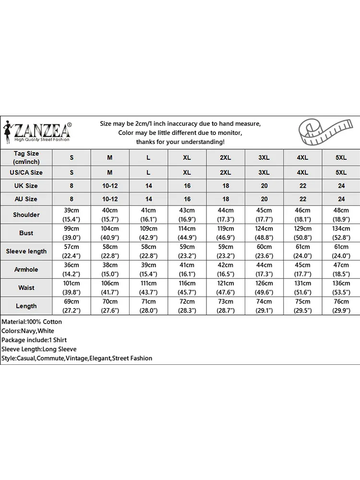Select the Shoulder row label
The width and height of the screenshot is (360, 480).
click(26, 215)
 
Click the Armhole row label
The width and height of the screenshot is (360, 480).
click(26, 269)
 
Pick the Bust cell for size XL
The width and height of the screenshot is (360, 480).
click(187, 233)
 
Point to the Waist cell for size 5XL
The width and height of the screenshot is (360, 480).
click(341, 288)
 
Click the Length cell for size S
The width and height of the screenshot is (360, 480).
click(72, 306)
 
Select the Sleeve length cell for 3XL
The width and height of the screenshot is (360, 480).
click(264, 251)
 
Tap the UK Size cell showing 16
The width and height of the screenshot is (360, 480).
click(187, 186)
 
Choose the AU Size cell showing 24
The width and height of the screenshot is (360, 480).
click(341, 199)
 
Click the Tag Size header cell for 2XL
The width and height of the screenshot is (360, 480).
click(226, 157)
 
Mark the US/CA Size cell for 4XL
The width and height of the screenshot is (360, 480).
click(303, 172)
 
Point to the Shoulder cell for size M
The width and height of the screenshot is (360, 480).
click(110, 215)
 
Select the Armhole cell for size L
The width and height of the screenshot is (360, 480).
click(148, 269)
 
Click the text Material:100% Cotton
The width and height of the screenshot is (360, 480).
click(32, 322)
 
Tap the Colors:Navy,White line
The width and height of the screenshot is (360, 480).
click(28, 331)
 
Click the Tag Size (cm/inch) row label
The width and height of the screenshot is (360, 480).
click(26, 157)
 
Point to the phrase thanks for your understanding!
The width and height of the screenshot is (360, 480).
click(180, 142)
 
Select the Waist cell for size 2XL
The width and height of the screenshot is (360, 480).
click(226, 288)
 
